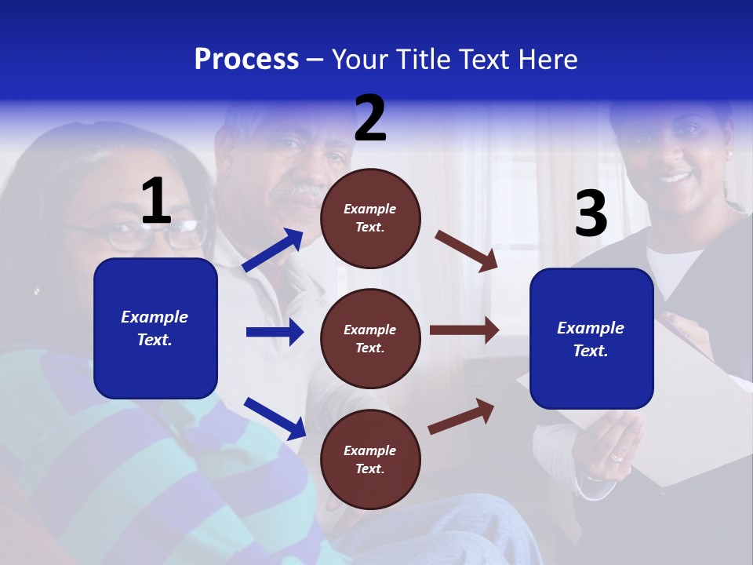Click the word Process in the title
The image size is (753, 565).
[x=246, y=59]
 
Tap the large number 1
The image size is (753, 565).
[x=156, y=202]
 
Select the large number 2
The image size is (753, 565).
[x=370, y=119]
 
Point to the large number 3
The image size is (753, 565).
[x=591, y=214]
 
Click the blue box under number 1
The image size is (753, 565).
[x=155, y=328]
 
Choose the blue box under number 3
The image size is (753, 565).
[x=591, y=338]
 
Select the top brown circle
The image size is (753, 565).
[x=370, y=218]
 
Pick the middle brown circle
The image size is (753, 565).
[x=370, y=338]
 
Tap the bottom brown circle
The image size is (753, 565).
[x=370, y=459]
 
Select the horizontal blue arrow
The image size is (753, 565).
[x=275, y=332]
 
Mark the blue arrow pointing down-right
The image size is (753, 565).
[x=275, y=418]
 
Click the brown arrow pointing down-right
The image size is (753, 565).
[x=467, y=251]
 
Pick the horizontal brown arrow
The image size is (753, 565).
[x=464, y=330]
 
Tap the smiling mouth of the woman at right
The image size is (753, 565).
[x=675, y=177]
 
